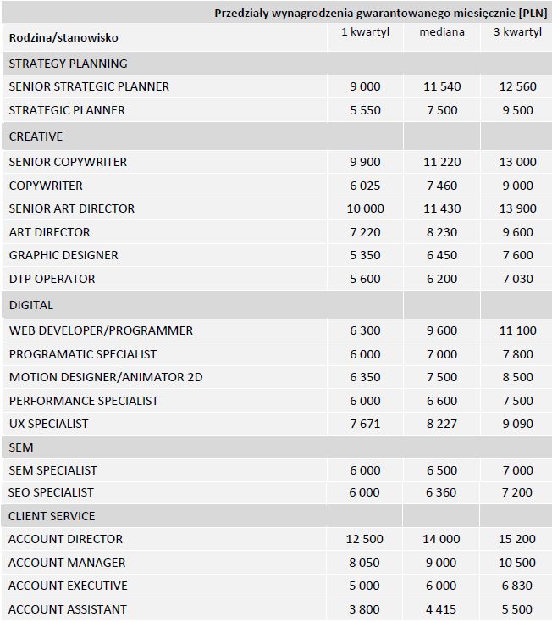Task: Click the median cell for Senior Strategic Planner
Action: pos(441,86)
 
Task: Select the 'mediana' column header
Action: pos(441,32)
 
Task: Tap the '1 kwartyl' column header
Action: pos(365,32)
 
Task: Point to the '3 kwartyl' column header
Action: pos(516,32)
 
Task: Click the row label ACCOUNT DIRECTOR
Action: pos(65,539)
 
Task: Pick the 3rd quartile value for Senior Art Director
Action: pos(516,208)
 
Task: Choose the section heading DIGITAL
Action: pos(31,305)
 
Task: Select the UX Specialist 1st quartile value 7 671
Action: pos(365,424)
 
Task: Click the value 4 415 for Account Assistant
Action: pos(441,609)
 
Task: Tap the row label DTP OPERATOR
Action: pos(52,279)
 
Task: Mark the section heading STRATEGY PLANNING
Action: pos(68,64)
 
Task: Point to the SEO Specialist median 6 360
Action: pos(441,492)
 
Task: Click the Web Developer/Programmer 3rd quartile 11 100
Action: pos(516,330)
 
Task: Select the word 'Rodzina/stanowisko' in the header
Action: pos(63,37)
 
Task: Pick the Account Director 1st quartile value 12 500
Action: pos(365,539)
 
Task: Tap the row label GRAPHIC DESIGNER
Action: pos(63,255)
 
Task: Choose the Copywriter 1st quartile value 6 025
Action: pos(365,186)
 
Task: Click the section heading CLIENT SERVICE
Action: pos(52,516)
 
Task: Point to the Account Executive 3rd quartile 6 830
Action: pos(516,586)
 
